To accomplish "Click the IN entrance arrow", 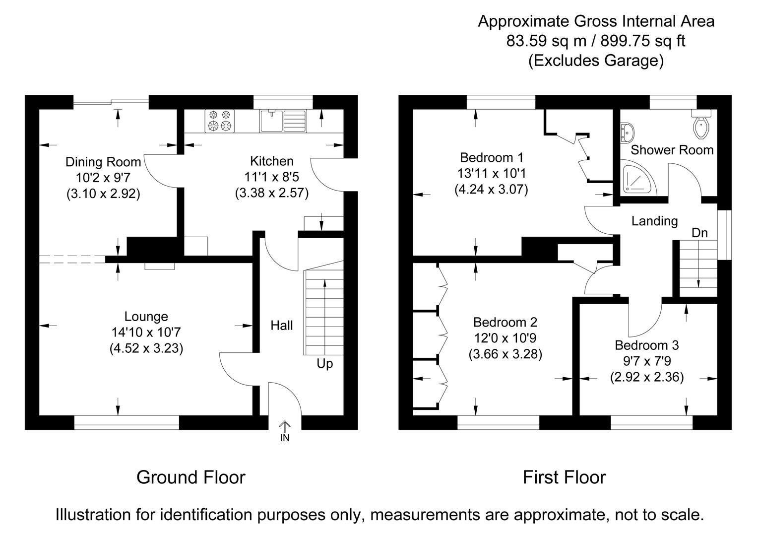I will [x=285, y=431].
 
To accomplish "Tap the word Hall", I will [x=281, y=326].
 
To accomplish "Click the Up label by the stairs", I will [x=325, y=364].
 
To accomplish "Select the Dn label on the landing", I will [x=699, y=233].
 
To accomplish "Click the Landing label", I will [x=654, y=221].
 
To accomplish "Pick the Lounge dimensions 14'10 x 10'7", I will [x=146, y=333].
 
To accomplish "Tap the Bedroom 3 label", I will [x=647, y=345].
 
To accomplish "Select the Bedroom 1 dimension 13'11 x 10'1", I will [x=491, y=174].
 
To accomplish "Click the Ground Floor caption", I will [x=190, y=477].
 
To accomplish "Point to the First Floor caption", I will [x=564, y=477].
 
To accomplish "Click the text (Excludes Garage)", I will [x=596, y=61].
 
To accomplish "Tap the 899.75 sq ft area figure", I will [x=643, y=41].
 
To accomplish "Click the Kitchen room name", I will [x=271, y=161].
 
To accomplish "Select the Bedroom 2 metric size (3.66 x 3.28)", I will [x=505, y=354].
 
